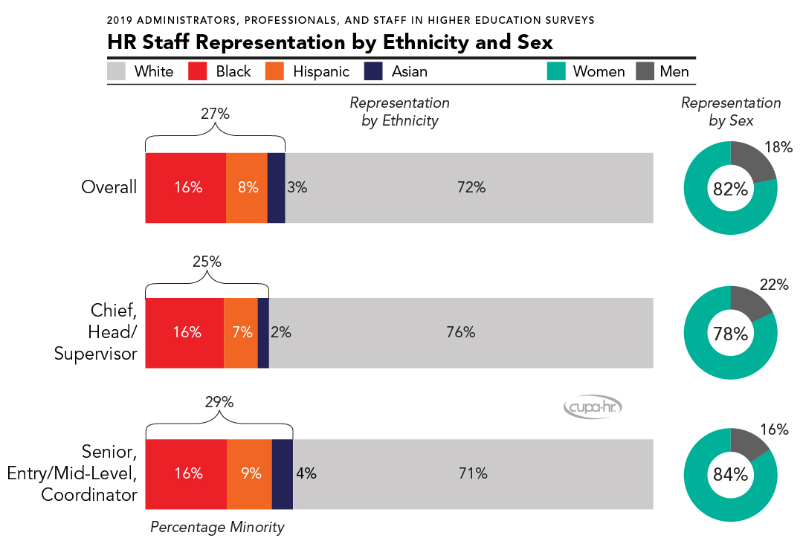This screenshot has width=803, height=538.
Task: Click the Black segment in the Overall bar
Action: tap(185, 187)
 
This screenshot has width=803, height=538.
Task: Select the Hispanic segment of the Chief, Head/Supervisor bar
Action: tap(241, 332)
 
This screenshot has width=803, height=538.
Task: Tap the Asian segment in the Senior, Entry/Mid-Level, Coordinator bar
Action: tap(283, 473)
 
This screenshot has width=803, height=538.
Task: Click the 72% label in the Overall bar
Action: tap(471, 187)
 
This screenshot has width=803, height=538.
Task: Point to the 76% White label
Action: tap(460, 332)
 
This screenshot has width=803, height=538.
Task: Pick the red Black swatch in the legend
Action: tap(197, 71)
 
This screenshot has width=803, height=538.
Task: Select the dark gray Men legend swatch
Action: tap(645, 71)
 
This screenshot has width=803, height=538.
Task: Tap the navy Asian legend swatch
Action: tap(373, 71)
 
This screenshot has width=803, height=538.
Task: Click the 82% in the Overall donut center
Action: tap(730, 189)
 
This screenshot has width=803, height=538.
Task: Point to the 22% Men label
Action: tap(774, 284)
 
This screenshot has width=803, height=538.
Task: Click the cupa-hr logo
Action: tap(592, 406)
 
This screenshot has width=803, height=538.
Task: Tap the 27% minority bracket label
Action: tap(215, 115)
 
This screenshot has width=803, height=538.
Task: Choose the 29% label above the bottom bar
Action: tap(219, 402)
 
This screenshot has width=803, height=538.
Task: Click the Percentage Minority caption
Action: tap(217, 528)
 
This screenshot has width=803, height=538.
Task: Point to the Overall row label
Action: tap(109, 187)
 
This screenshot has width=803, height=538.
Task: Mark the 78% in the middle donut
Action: tap(730, 334)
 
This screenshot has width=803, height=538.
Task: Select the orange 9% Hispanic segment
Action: tap(249, 473)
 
